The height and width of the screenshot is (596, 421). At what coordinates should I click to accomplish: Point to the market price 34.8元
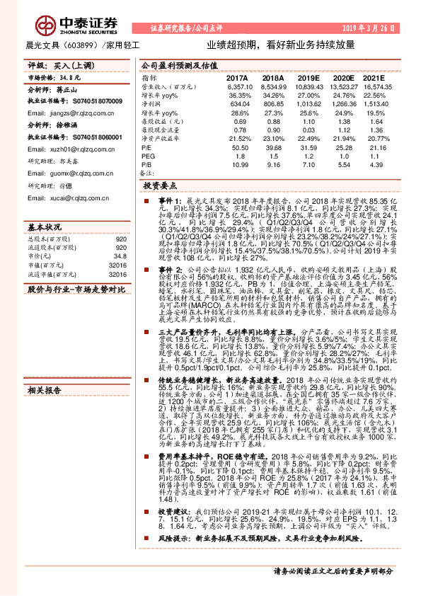(x=52, y=76)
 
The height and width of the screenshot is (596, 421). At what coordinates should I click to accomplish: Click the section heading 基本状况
(x=45, y=228)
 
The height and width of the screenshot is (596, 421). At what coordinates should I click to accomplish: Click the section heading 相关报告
(x=45, y=390)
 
